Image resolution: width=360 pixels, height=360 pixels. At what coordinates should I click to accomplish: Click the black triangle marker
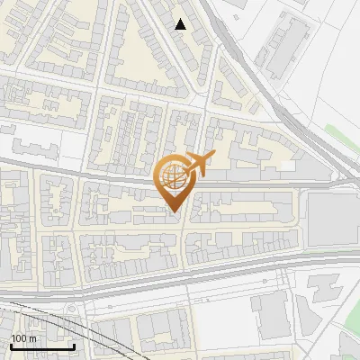pos(181,24)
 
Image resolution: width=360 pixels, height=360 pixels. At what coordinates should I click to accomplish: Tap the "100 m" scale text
pos(23,337)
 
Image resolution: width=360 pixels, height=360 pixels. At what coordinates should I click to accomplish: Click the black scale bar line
pos(41,346)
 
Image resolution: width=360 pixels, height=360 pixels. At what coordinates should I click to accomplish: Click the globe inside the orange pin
pos(173,178)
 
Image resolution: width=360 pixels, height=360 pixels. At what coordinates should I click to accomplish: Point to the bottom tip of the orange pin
pos(174,212)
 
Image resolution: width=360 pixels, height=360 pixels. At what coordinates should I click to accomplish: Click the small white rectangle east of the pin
pos(286,166)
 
